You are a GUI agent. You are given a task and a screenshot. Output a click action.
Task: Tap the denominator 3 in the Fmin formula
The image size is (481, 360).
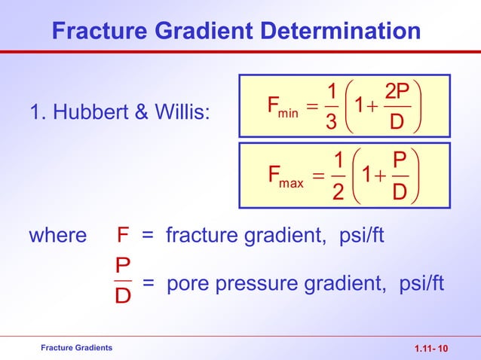tap(330, 122)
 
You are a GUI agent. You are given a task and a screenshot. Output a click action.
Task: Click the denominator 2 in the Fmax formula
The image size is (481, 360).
tap(338, 194)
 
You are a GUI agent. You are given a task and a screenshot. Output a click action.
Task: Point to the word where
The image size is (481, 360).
tap(58, 236)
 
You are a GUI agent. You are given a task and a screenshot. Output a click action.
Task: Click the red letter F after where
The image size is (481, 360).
tap(123, 236)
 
